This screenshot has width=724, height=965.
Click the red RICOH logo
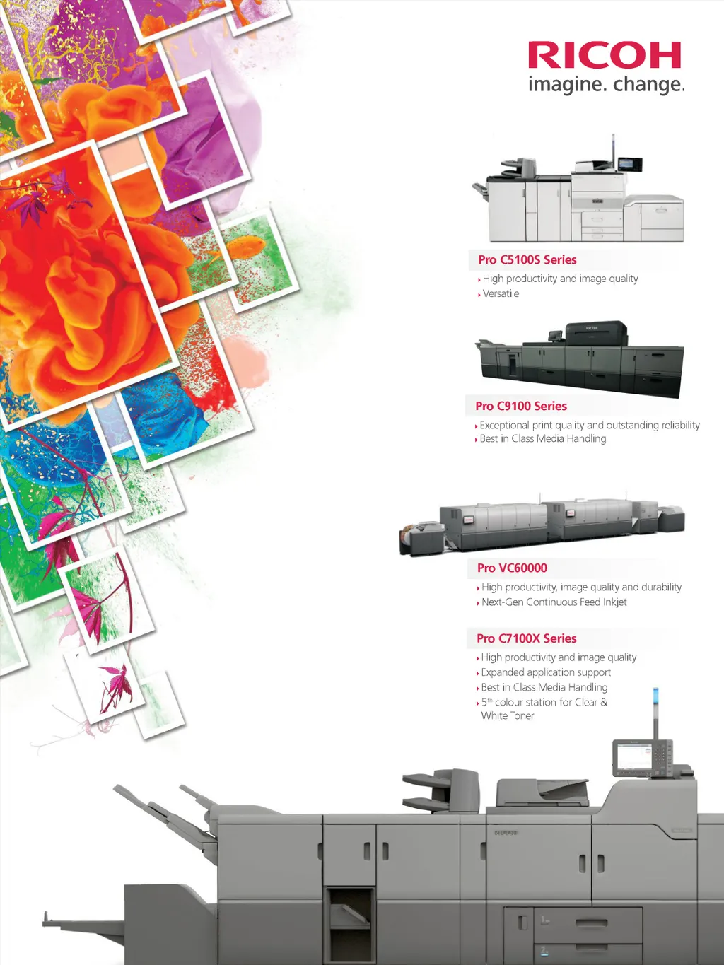click(605, 55)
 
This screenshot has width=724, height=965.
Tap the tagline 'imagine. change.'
click(605, 85)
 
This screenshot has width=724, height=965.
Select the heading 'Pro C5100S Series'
click(527, 259)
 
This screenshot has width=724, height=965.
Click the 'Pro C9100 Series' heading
click(521, 406)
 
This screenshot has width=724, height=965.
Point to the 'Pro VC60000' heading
click(512, 568)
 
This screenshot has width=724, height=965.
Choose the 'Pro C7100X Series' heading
click(526, 638)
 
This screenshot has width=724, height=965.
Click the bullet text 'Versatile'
click(501, 293)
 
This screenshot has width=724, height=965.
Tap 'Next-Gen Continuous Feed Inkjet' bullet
click(554, 602)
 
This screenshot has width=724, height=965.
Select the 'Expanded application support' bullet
click(546, 672)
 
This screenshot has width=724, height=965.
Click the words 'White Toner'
click(508, 715)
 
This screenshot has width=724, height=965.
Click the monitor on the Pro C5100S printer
click(629, 164)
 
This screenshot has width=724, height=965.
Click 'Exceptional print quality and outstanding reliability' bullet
click(590, 425)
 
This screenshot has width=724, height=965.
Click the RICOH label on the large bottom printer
click(506, 833)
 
